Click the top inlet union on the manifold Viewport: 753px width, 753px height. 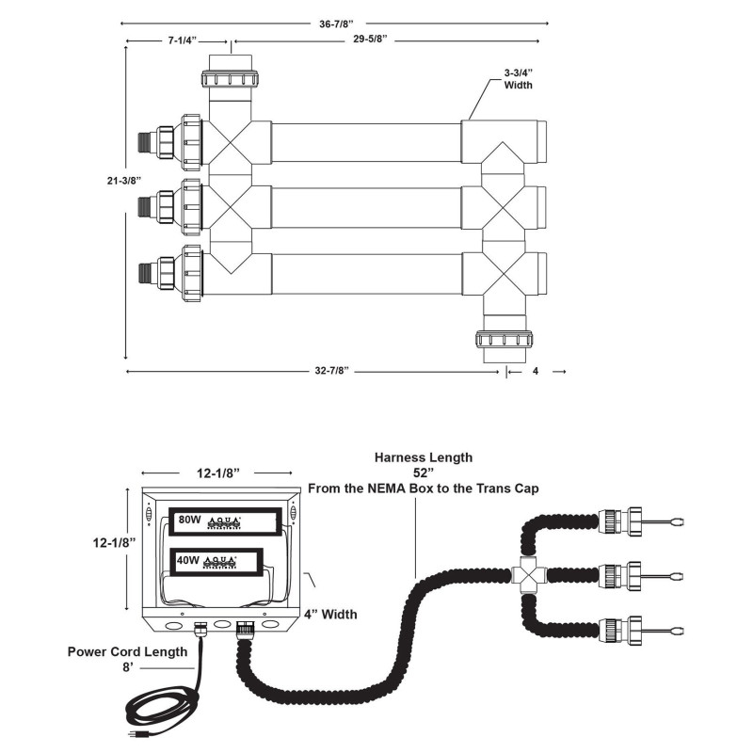pos(231,75)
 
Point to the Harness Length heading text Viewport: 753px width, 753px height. pos(424,457)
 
